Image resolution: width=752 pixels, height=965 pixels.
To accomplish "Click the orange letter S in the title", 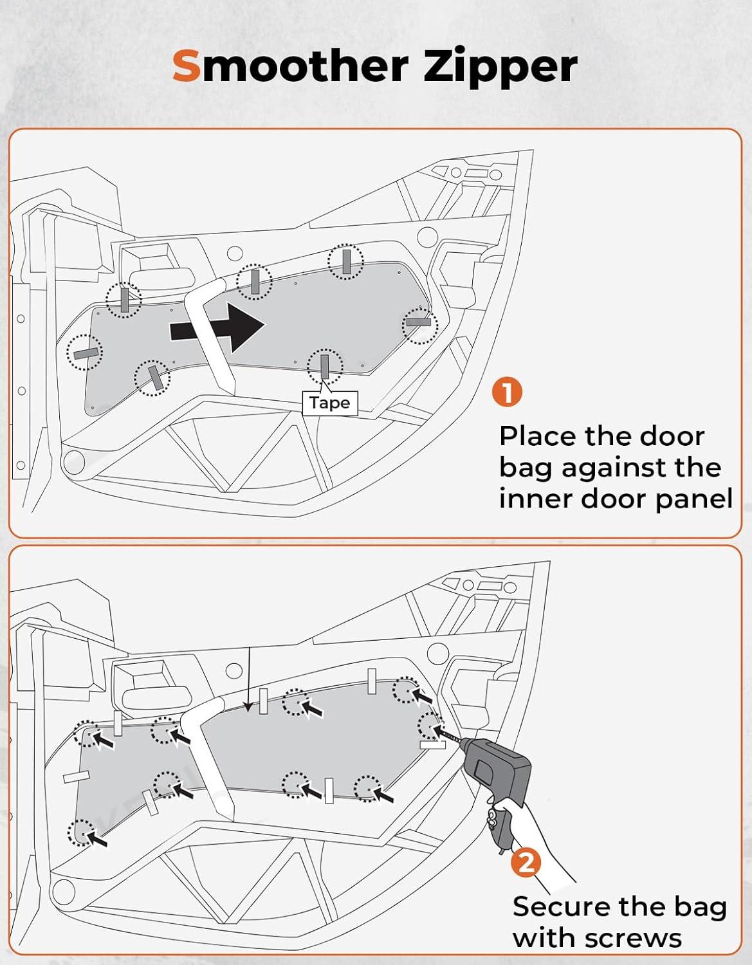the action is [x=187, y=66].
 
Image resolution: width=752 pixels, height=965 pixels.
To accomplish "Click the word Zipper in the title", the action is [x=500, y=69].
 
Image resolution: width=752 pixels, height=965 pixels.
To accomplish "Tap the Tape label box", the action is [x=330, y=403].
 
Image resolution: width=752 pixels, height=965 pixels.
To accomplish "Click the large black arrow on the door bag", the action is [x=217, y=327].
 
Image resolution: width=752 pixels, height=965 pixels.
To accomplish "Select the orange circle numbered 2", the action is [x=526, y=863].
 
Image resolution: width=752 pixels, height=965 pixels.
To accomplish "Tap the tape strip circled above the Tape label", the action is [x=325, y=367].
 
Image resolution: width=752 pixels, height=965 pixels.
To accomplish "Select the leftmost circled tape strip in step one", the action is [x=85, y=353].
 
